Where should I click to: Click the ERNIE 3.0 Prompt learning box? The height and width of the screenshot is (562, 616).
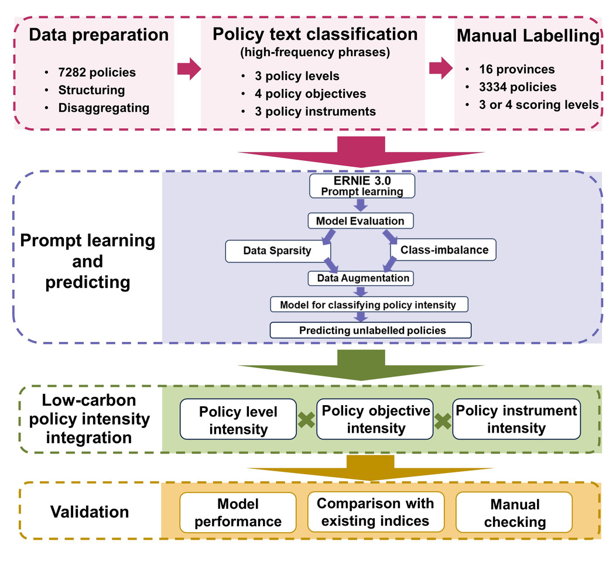(361, 186)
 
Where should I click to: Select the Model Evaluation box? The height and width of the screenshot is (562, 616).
(360, 221)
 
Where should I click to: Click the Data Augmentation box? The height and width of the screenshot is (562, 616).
(363, 278)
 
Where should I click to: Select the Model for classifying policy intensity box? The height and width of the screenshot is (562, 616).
(371, 304)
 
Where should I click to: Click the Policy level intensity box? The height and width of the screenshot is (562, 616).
(238, 420)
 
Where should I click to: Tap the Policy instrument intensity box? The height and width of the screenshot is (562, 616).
(516, 420)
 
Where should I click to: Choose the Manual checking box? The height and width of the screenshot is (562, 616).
(515, 513)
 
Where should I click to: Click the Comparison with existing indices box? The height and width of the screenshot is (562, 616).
(375, 512)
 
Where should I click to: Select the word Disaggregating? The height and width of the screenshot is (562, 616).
(104, 108)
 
